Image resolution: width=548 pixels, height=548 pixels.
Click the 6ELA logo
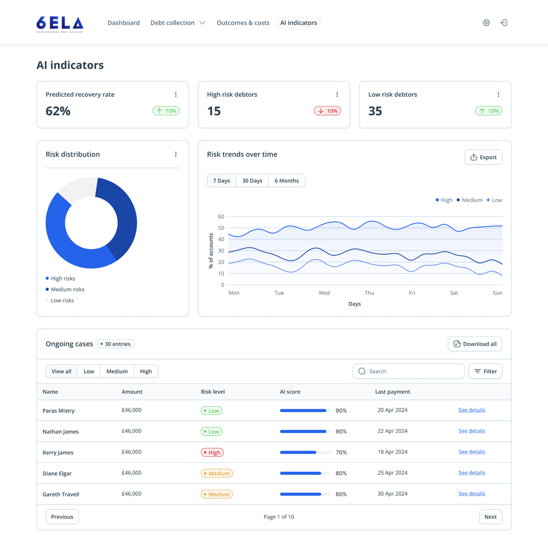click(x=60, y=23)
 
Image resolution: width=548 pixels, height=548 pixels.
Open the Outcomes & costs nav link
click(x=243, y=23)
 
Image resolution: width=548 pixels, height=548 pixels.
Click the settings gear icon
click(x=486, y=23)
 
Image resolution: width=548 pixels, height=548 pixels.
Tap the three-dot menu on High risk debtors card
click(x=337, y=95)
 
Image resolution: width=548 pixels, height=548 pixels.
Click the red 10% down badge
click(x=327, y=111)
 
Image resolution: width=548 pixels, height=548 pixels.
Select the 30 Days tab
click(x=252, y=181)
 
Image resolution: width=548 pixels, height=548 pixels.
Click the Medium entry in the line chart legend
click(x=469, y=200)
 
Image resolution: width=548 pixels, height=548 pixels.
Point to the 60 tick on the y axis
click(x=221, y=216)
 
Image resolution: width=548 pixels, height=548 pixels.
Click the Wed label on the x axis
click(x=324, y=293)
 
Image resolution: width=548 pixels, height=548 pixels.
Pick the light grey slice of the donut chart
click(x=77, y=190)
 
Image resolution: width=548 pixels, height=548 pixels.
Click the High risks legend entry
click(x=63, y=278)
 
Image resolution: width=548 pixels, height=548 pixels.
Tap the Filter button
click(x=485, y=371)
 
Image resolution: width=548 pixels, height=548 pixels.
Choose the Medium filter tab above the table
click(x=117, y=371)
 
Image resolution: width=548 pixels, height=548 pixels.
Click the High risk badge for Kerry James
click(x=212, y=452)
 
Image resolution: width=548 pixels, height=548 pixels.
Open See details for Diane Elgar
click(x=471, y=473)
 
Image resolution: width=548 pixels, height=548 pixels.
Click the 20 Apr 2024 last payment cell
click(x=393, y=410)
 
